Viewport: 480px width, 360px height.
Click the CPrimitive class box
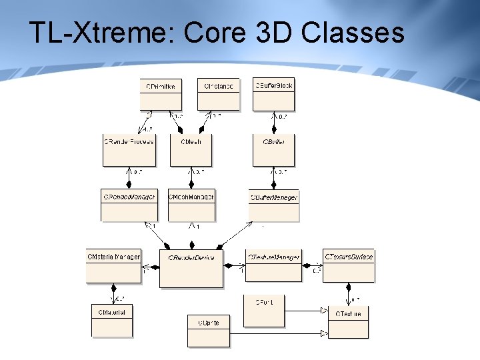point(161,94)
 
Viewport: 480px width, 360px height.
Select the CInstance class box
point(218,94)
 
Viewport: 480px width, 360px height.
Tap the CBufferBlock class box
point(273,94)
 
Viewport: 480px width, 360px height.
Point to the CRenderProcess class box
point(129,150)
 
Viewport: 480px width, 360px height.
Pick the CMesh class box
point(191,150)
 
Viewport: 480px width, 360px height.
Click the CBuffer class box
point(273,150)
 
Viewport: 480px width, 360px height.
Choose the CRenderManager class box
point(129,205)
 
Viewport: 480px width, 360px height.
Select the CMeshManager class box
point(191,205)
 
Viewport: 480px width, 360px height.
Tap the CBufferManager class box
point(273,205)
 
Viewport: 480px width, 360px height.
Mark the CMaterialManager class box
point(113,265)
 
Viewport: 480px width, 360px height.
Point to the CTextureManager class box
point(273,265)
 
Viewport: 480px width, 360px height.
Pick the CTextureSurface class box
point(349,265)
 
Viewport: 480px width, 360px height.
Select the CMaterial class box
point(112,320)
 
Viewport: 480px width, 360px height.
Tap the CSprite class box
point(208,331)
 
